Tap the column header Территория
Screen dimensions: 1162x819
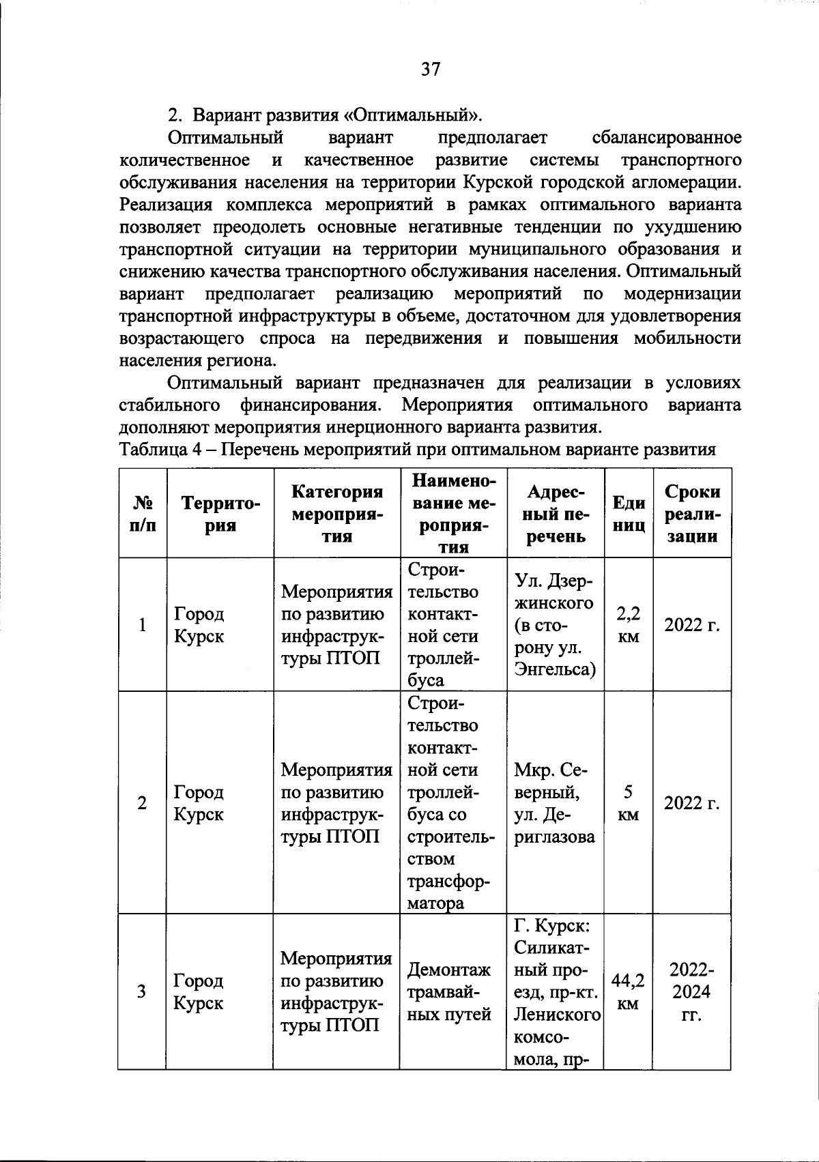pos(220,514)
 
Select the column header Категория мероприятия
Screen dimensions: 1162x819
pos(336,514)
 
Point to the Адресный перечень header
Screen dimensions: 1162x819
pos(556,514)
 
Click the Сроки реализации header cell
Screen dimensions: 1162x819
pos(692,514)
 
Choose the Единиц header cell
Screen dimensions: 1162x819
pos(629,514)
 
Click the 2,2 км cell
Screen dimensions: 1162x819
pos(629,625)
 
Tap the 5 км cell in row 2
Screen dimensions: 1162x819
pos(629,803)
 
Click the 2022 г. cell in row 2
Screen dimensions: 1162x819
pos(692,803)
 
